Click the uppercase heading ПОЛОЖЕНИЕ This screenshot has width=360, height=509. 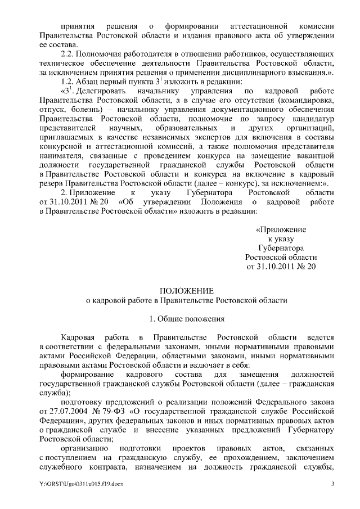pyautogui.click(x=186, y=290)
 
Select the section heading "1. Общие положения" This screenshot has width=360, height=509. pyautogui.click(x=186, y=319)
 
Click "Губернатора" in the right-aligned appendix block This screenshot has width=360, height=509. pyautogui.click(x=281, y=247)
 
